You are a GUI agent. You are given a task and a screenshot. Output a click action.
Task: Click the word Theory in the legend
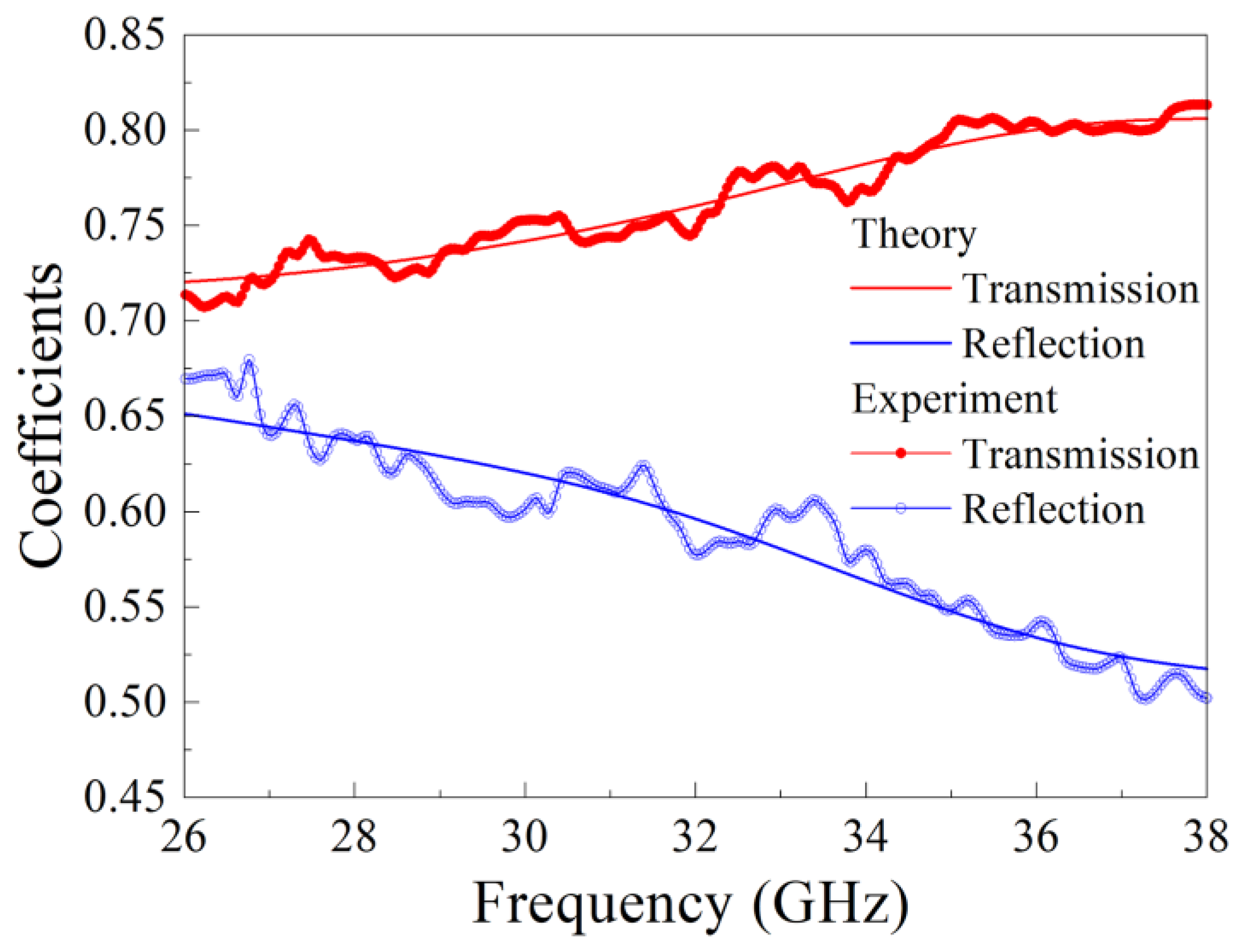[913, 234]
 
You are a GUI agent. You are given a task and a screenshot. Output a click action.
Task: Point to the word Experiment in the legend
[954, 400]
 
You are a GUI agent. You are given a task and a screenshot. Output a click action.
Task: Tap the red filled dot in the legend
[900, 454]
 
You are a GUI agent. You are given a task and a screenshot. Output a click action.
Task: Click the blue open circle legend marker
[900, 509]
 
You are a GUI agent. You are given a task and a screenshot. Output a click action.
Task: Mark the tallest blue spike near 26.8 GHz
[249, 361]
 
